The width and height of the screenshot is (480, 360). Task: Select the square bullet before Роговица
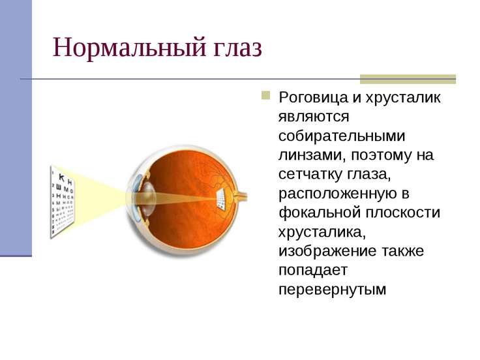tap(265, 96)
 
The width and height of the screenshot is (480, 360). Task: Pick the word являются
tap(314, 117)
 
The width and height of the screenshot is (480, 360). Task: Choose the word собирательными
tap(342, 136)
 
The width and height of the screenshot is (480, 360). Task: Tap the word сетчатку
tap(310, 175)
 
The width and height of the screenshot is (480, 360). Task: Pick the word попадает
tap(313, 271)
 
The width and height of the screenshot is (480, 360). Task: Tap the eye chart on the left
tap(63, 202)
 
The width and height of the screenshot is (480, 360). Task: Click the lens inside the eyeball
tap(149, 200)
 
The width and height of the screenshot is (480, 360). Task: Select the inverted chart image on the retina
tap(221, 199)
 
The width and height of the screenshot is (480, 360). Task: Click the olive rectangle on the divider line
tap(408, 79)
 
